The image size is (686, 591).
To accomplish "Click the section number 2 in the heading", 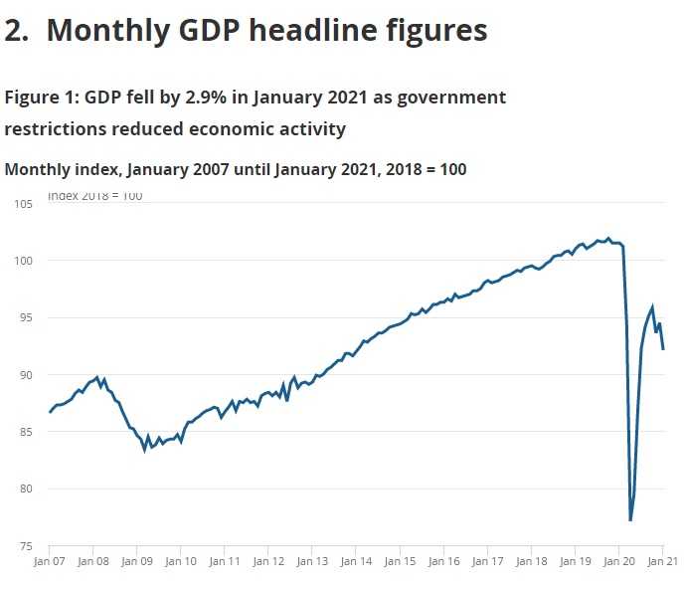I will pos(15,31).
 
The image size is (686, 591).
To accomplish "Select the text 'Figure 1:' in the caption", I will pos(42,98).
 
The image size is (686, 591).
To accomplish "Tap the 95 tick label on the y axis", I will pos(26,318).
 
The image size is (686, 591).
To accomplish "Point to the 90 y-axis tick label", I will pos(26,375).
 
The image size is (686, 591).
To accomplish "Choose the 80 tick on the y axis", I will pos(26,490).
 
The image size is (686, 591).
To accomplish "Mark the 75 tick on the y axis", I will pos(26,546).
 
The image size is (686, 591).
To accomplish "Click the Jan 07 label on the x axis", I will pos(49,562).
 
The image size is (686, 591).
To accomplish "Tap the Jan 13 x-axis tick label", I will pos(312,562).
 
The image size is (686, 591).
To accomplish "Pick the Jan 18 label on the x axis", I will pos(532,562).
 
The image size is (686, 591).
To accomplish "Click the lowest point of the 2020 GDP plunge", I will pos(630,520).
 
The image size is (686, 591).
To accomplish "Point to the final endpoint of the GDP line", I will pos(663,349).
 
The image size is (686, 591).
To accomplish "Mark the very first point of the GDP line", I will pos(50,412).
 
